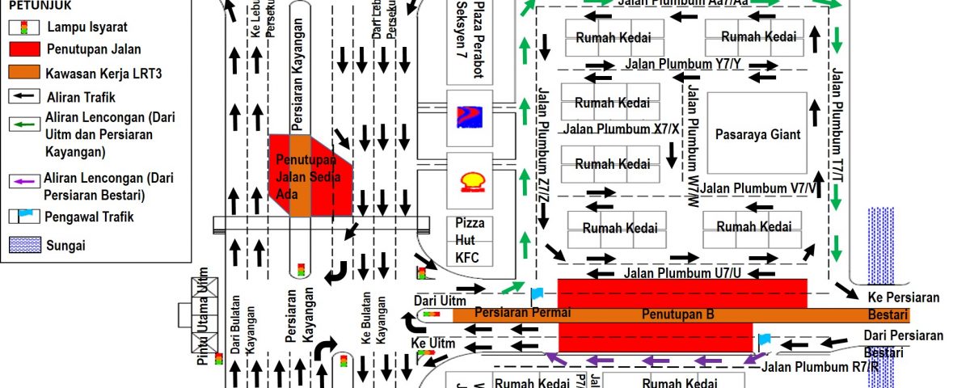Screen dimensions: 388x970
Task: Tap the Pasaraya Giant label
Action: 757,135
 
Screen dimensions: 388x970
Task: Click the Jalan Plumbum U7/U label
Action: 682,273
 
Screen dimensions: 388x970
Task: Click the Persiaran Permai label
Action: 523,312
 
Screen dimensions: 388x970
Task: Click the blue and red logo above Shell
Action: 470,116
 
